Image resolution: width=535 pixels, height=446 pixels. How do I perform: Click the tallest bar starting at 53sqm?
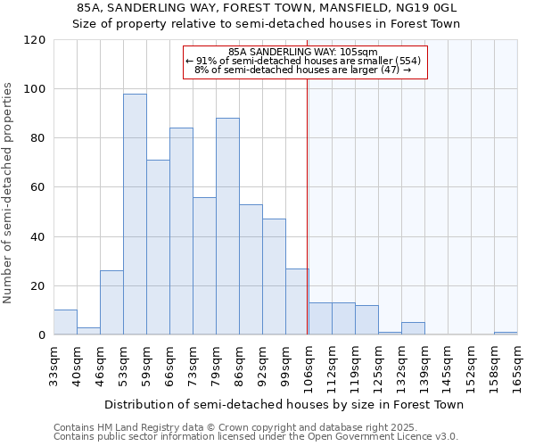click(x=135, y=214)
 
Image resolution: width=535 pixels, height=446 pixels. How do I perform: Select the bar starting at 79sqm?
click(x=227, y=227)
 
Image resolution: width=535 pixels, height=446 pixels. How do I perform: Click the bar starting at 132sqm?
click(x=413, y=328)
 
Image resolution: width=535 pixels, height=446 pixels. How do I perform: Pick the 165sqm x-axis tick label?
click(x=517, y=366)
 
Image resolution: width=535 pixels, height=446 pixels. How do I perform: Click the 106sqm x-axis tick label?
click(x=309, y=366)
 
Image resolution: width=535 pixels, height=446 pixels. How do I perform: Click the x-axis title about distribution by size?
click(x=284, y=404)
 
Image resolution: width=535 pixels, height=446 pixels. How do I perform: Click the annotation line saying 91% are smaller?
click(x=302, y=61)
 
